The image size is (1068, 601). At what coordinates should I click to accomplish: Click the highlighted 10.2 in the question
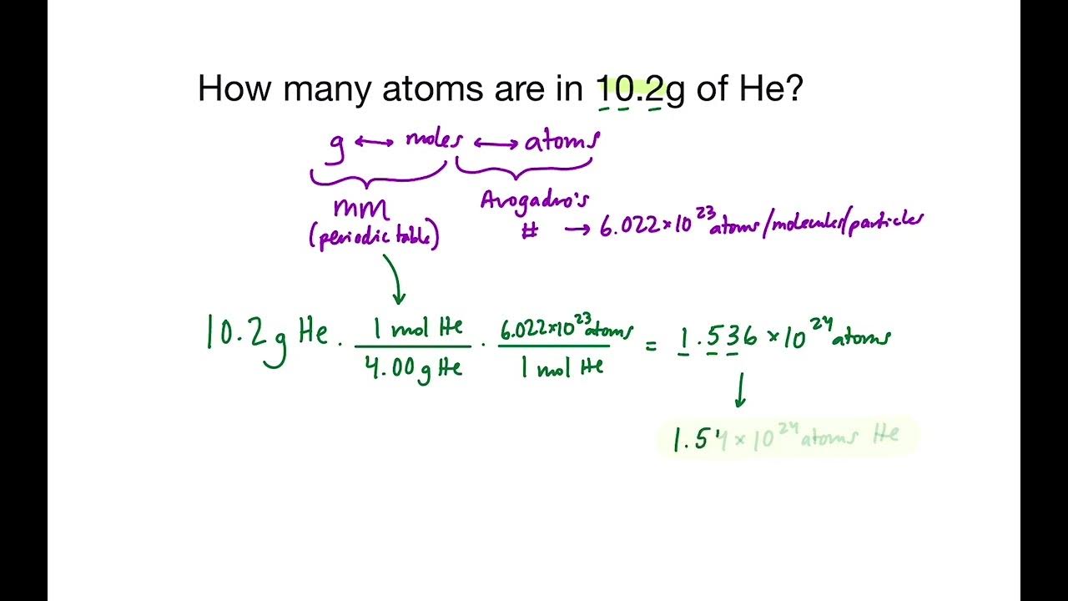coord(630,88)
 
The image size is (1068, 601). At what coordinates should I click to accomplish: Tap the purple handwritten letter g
coord(336,144)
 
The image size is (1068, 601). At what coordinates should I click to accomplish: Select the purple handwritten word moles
coord(433,139)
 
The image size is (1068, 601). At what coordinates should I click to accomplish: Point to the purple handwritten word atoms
coord(561,142)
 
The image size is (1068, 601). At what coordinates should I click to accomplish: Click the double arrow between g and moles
coord(374,142)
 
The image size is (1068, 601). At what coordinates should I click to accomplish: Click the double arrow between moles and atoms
coord(496,144)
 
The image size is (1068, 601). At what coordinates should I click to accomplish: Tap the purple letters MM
coord(361,210)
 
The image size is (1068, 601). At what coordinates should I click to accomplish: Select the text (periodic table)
coord(373,238)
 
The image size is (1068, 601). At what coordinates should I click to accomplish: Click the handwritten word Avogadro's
coord(535,200)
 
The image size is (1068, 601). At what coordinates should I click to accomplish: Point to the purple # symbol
coord(529,231)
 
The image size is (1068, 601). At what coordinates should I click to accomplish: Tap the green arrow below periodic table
coord(397,280)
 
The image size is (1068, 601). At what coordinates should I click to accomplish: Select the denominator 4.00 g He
coord(414,368)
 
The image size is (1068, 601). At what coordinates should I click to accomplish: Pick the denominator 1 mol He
coord(562,367)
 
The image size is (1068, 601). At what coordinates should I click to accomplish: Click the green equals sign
coord(652,343)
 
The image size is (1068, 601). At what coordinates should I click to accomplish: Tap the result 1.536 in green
coord(718,337)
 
